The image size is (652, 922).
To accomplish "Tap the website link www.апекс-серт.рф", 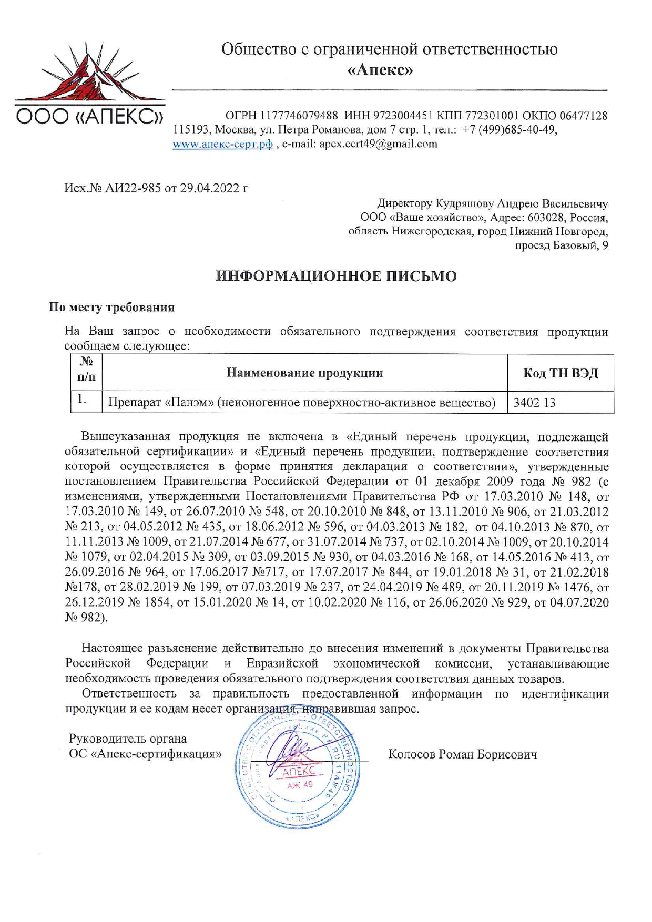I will (222, 144).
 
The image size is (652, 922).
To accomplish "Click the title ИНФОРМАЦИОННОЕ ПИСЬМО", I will (337, 276).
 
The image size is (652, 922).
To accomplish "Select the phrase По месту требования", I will (111, 307).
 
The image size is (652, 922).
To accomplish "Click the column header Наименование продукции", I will (304, 373).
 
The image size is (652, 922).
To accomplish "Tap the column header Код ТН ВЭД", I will (561, 373).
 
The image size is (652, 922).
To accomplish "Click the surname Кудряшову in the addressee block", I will (467, 203).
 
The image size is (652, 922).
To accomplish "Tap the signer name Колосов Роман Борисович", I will (463, 755).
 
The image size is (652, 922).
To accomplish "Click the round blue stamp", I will (298, 767).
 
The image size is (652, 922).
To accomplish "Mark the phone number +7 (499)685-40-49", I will (508, 130).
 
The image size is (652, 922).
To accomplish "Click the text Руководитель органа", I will (128, 739).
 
